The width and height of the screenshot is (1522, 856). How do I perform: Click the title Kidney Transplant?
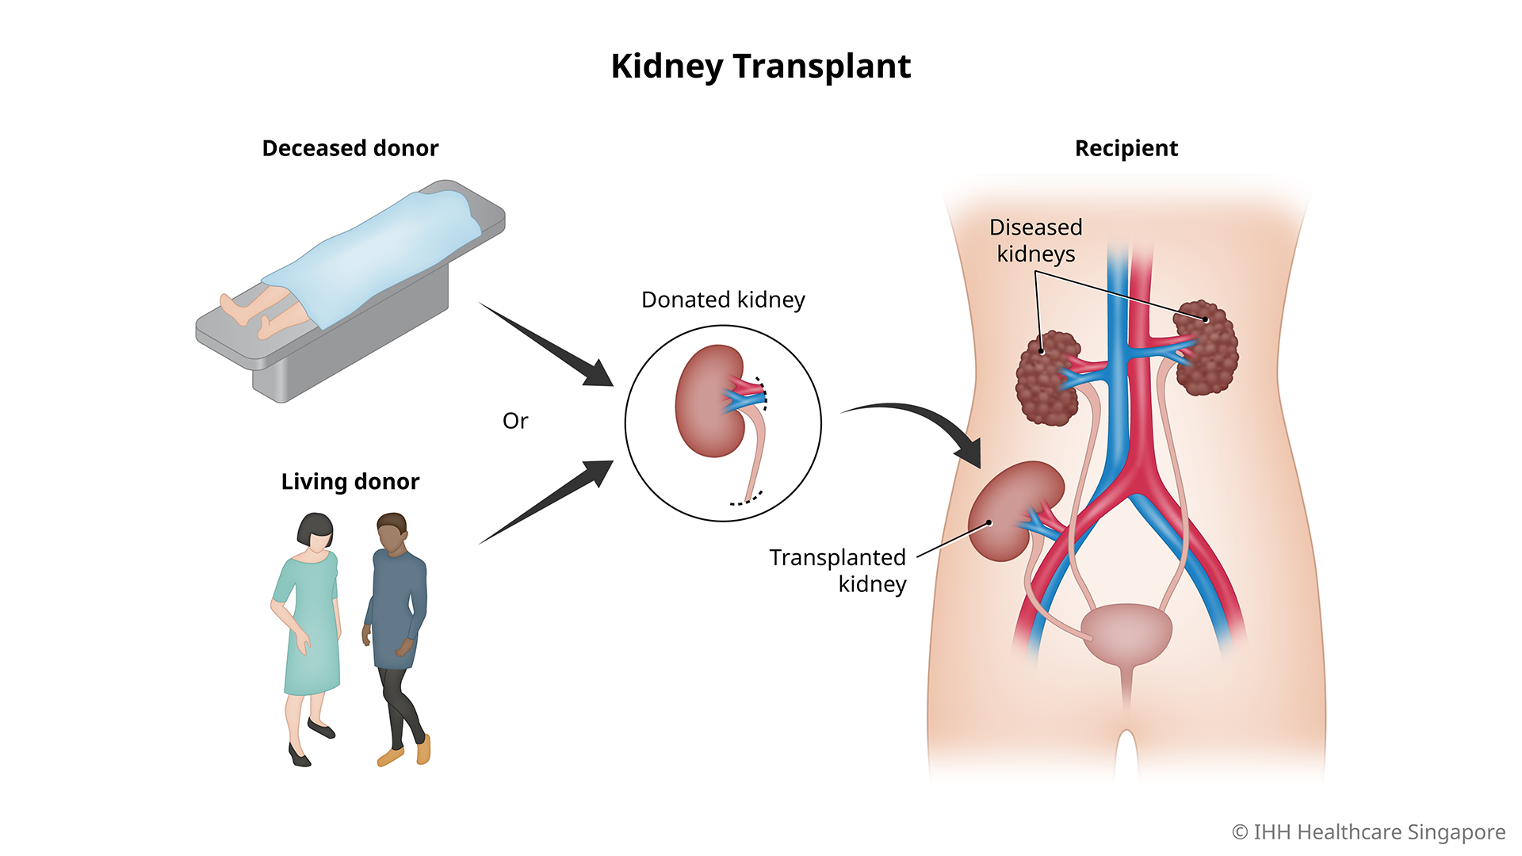[x=760, y=67]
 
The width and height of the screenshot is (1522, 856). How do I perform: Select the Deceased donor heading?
[x=350, y=149]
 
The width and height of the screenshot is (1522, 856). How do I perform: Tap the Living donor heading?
[x=350, y=482]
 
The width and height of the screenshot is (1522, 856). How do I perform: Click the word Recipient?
[x=1126, y=149]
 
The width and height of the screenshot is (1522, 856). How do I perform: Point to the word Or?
[x=515, y=421]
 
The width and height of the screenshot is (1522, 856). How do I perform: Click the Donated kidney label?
[x=723, y=300]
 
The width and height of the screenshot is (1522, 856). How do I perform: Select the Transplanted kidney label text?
[x=839, y=570]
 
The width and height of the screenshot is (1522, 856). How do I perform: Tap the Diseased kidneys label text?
[x=1035, y=240]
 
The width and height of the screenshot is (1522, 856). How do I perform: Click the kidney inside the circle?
[x=708, y=403]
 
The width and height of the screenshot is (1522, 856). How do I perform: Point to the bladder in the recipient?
[x=1126, y=632]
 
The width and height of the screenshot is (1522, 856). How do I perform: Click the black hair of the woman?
[x=314, y=527]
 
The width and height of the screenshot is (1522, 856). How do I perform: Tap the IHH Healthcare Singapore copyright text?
[x=1368, y=832]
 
